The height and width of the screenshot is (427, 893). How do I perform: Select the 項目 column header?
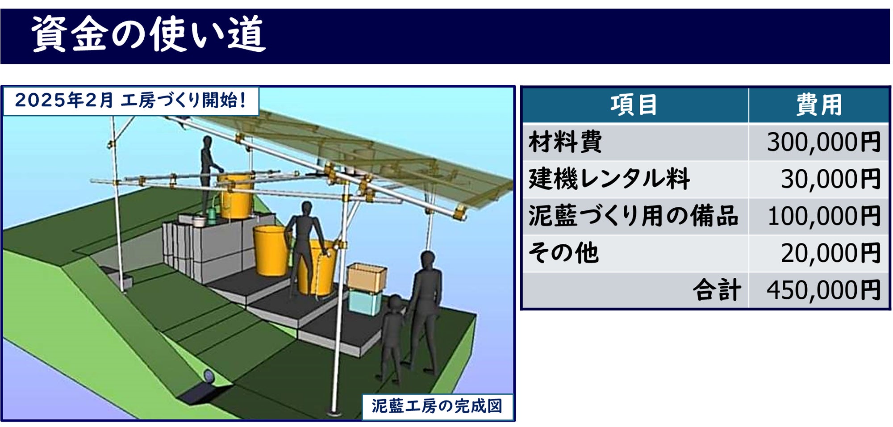(634, 105)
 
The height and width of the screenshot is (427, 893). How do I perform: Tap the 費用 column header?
(819, 105)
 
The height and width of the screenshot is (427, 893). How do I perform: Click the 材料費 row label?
(565, 142)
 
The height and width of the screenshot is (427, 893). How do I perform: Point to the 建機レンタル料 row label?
(609, 179)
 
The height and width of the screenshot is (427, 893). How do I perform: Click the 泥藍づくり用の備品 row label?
(633, 216)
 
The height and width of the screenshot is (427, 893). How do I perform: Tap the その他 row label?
(563, 253)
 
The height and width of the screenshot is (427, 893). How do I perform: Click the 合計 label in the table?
(717, 290)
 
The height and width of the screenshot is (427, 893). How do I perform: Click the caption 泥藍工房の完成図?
(437, 406)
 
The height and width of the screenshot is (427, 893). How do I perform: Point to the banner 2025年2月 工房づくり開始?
(131, 100)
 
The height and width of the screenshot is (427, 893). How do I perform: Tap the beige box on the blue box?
(367, 277)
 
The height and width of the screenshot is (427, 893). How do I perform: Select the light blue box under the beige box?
(365, 301)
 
